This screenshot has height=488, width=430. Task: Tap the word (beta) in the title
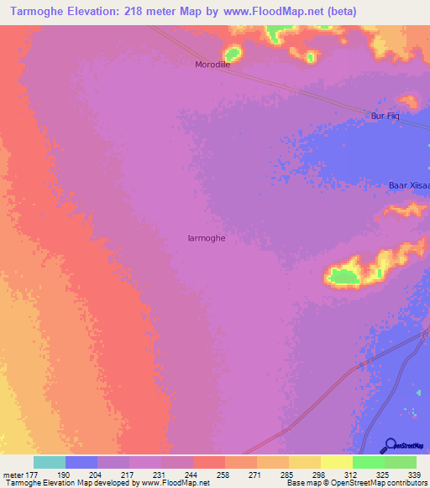tap(342, 11)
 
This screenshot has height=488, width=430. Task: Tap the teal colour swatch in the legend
tap(50, 462)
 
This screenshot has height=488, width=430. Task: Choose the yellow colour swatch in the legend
tap(336, 462)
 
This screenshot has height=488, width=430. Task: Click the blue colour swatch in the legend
tap(81, 462)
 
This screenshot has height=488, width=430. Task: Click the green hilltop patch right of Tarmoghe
tap(342, 275)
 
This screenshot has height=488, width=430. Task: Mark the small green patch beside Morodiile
tap(232, 53)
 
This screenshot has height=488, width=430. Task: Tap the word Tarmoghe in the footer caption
tap(23, 483)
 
